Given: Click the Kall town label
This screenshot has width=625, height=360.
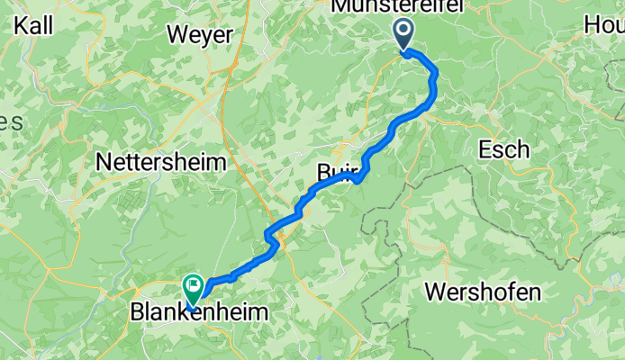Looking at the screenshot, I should tap(32, 24).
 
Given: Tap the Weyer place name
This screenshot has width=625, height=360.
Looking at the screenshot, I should tap(200, 35).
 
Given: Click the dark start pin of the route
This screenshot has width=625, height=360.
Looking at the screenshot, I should tap(403, 35).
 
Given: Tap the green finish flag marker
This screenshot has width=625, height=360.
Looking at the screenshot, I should tap(194, 287).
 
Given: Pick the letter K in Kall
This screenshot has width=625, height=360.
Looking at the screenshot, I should tap(20, 24).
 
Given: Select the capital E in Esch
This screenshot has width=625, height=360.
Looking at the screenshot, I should tap(485, 148).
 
